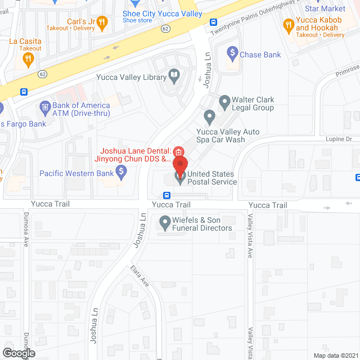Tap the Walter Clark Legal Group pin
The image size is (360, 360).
pyautogui.click(x=225, y=102)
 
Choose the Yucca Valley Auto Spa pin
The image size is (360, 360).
pyautogui.click(x=210, y=118)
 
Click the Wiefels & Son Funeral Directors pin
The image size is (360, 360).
pyautogui.click(x=165, y=223)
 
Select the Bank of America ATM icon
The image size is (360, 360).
pyautogui.click(x=44, y=106)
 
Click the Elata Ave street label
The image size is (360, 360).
pyautogui.click(x=139, y=277)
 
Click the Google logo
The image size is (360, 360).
pyautogui.click(x=19, y=353)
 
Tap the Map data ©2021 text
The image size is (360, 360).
pyautogui.click(x=335, y=355)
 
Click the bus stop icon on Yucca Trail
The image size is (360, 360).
pyautogui.click(x=167, y=195)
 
